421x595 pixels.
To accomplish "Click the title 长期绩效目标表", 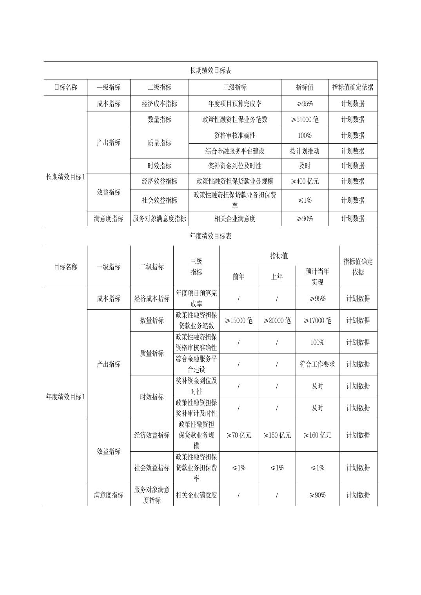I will (210, 70).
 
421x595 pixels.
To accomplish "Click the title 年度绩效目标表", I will (210, 236).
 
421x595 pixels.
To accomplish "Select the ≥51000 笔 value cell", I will (305, 119).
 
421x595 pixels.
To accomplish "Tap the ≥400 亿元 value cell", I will (305, 181).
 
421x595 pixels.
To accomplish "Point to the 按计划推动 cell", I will (305, 151).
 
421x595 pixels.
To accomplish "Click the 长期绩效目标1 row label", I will (65, 177).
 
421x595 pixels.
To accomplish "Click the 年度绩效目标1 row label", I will (65, 397).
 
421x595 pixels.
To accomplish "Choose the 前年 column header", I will (238, 277).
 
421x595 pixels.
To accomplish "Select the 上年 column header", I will (277, 277).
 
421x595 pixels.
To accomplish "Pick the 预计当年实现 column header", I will (317, 276).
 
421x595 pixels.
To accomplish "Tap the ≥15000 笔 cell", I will (238, 321).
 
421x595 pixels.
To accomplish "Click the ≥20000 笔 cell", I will (277, 321).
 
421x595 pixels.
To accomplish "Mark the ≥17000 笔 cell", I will (317, 321).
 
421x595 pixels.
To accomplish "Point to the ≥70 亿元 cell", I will (238, 435).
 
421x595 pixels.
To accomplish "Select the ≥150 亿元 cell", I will (277, 435).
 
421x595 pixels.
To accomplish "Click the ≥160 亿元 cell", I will (317, 435).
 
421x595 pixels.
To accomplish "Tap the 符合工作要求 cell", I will (317, 364).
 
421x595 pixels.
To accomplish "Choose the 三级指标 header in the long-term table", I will (234, 87).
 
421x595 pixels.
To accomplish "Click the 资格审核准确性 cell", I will (234, 135).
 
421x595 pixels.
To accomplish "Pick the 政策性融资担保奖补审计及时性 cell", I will (196, 408).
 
